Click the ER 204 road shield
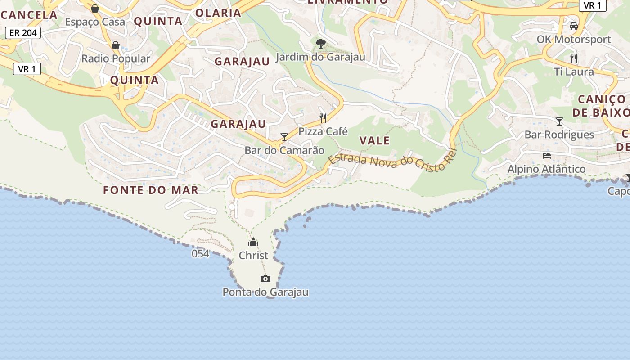point(23,32)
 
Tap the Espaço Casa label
point(95,22)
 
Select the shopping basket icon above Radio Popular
point(116,45)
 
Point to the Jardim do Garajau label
point(320,57)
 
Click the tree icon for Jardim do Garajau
point(320,44)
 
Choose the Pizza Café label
point(323,131)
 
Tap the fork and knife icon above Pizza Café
point(323,118)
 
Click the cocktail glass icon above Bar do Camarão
point(284,137)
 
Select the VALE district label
point(374,141)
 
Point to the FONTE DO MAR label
point(151,190)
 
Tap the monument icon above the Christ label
point(253,243)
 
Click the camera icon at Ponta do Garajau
point(265,279)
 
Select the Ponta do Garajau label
point(265,292)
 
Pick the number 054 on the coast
point(200,254)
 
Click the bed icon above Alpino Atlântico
point(547,156)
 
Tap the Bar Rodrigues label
point(559,135)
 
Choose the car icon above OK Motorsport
point(573,26)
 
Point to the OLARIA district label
point(218,13)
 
